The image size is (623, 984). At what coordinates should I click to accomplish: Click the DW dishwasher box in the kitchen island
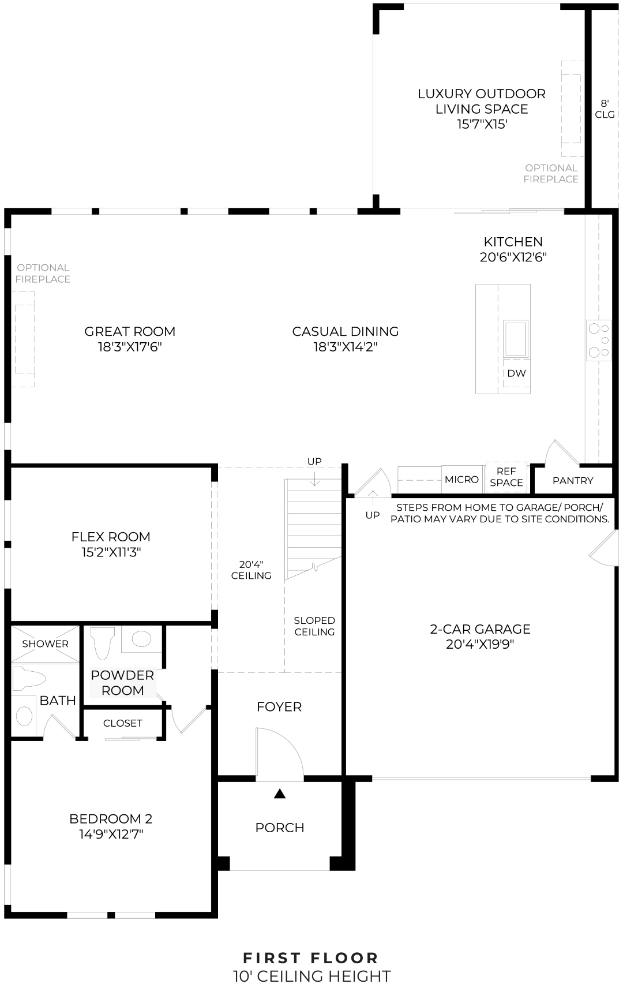(x=516, y=373)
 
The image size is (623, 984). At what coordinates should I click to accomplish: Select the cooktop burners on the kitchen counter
(x=598, y=341)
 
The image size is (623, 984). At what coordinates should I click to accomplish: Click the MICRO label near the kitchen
(x=461, y=480)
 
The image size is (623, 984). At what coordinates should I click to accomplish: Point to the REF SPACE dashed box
(x=506, y=477)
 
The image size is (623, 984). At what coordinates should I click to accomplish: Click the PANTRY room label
(x=572, y=481)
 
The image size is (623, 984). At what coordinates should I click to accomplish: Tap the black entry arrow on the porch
(x=280, y=794)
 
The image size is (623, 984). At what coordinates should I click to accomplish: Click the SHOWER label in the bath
(x=45, y=643)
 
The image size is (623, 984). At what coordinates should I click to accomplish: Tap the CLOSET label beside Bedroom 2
(x=123, y=723)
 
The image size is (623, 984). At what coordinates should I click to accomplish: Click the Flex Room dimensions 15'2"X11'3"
(x=111, y=552)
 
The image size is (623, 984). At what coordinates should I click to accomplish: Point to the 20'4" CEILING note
(x=251, y=570)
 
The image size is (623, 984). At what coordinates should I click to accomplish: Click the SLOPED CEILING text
(x=314, y=626)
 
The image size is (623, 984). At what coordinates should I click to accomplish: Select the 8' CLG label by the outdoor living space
(x=605, y=108)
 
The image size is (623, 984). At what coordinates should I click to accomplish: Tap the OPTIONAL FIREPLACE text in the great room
(x=43, y=273)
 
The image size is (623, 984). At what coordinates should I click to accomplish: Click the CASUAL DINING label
(x=345, y=331)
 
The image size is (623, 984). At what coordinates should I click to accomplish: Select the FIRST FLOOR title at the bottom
(x=311, y=958)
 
